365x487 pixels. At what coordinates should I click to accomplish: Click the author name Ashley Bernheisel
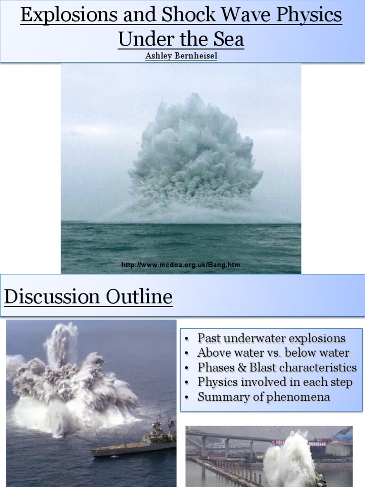(181, 56)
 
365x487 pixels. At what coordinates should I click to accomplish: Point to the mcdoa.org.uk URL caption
(181, 265)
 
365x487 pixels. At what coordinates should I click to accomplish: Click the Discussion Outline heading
(88, 297)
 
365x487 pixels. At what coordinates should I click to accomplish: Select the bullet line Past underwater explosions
(271, 339)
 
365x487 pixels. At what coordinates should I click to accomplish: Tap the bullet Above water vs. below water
(273, 353)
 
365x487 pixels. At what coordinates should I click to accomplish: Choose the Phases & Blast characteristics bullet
(277, 368)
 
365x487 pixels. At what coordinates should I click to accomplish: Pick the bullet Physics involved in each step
(275, 382)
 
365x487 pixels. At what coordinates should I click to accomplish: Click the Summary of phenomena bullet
(264, 397)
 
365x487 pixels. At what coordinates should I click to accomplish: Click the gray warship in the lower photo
(138, 442)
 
